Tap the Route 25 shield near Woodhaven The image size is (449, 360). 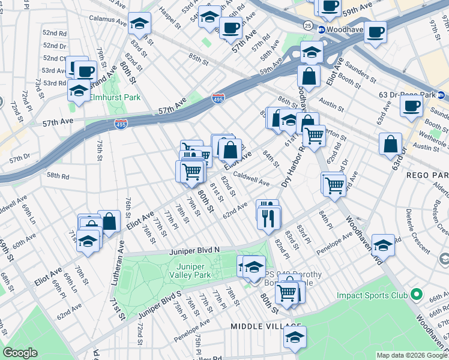tap(307, 26)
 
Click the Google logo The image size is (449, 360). tap(20, 353)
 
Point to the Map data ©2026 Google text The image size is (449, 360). tap(411, 355)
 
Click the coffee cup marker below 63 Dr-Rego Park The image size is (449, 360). tap(412, 106)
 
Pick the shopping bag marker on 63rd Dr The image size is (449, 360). tap(390, 144)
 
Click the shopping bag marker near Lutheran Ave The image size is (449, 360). tap(109, 221)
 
